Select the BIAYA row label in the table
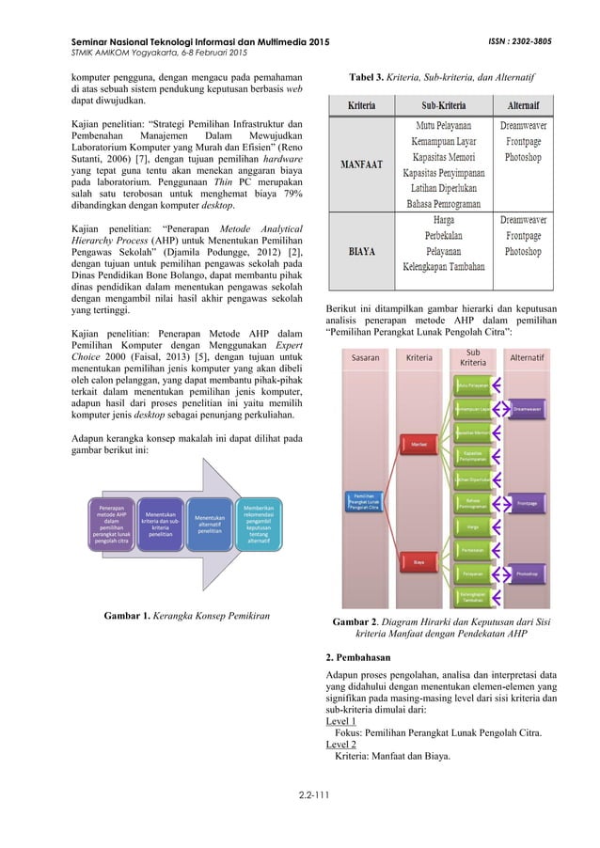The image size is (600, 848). pyautogui.click(x=361, y=252)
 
